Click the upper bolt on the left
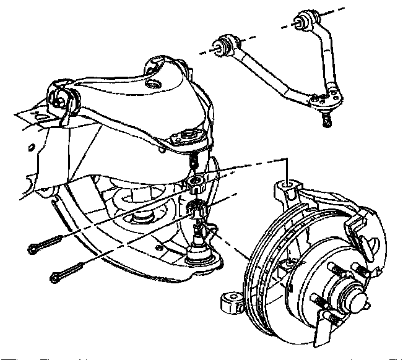[x=43, y=245]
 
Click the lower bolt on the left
[x=68, y=273]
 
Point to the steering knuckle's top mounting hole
[x=287, y=184]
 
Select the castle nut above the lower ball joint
[x=197, y=209]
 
